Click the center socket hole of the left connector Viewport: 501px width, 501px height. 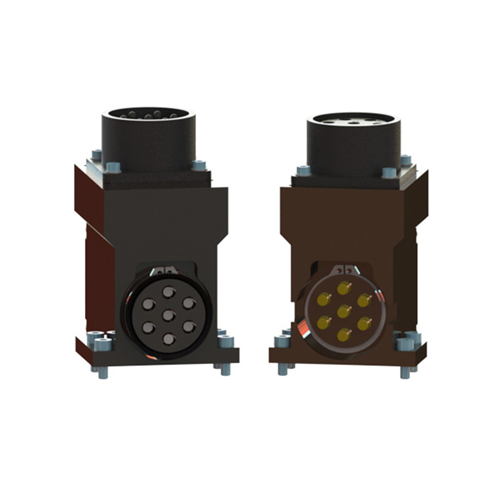coord(168,316)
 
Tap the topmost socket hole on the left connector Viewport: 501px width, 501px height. coord(168,292)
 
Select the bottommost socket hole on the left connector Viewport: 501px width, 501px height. coord(169,339)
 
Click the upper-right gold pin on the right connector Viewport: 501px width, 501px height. coord(364,300)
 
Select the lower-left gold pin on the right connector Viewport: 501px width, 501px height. coord(323,323)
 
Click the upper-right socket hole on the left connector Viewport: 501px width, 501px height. coord(189,304)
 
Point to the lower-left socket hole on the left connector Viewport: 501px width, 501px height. coord(148,328)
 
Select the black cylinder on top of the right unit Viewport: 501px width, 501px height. coord(354,142)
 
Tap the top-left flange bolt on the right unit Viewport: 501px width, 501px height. coord(304,170)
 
